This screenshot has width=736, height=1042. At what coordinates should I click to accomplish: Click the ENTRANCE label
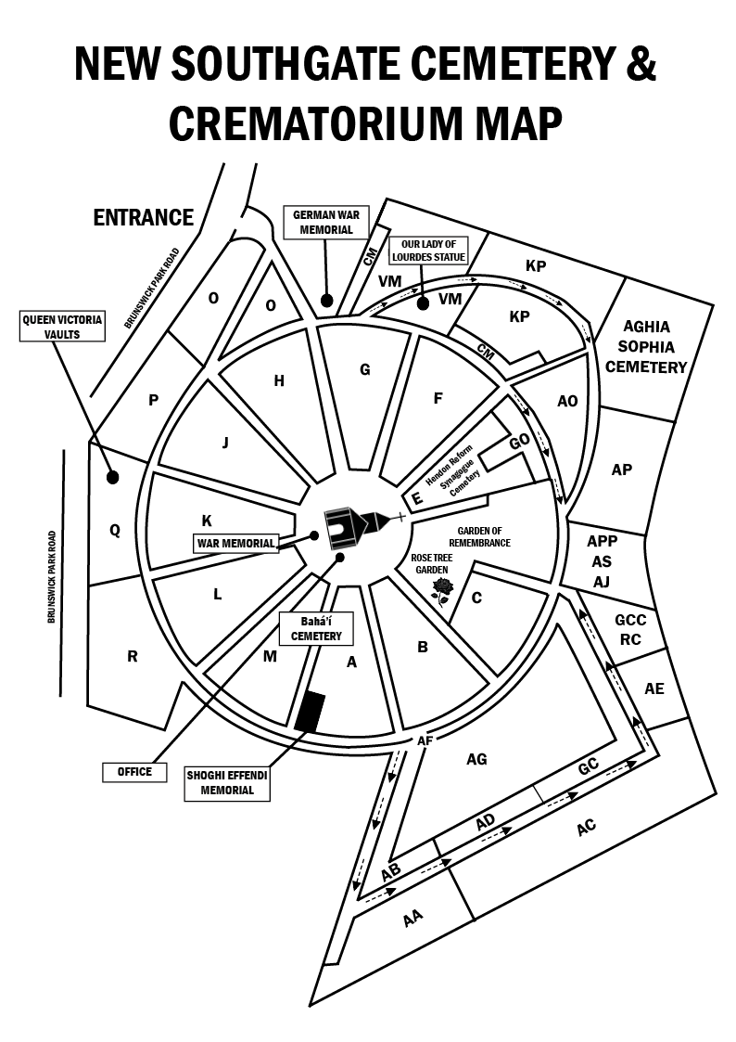click(x=144, y=217)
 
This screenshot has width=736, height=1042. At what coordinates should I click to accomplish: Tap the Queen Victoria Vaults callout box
click(x=62, y=327)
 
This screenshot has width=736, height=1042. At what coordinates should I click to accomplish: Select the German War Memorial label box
click(x=326, y=222)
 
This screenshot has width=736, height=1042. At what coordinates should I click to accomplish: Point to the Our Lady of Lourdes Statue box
click(x=429, y=251)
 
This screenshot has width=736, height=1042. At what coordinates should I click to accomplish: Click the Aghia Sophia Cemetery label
click(x=646, y=346)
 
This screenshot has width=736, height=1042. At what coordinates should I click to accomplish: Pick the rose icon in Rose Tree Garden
click(x=442, y=591)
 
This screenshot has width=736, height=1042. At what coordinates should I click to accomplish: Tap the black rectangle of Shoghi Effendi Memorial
click(x=311, y=712)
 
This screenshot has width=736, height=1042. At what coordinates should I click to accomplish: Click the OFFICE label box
click(x=134, y=772)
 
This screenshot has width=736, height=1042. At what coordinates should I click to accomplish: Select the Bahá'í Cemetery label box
click(x=316, y=629)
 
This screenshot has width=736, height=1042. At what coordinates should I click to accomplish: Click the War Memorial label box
click(x=235, y=543)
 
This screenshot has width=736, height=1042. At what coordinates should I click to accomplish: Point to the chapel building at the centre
click(x=355, y=527)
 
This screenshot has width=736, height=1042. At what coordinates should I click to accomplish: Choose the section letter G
click(x=365, y=369)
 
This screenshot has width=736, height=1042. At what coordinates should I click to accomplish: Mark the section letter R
click(x=132, y=657)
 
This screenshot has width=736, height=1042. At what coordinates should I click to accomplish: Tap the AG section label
click(x=476, y=759)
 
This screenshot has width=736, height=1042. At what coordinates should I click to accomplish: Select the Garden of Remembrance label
click(x=480, y=536)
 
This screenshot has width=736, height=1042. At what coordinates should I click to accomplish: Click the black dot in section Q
click(x=112, y=477)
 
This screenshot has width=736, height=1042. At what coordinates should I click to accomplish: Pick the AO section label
click(x=567, y=401)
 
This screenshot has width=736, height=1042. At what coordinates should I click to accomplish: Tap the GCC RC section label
click(x=629, y=630)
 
